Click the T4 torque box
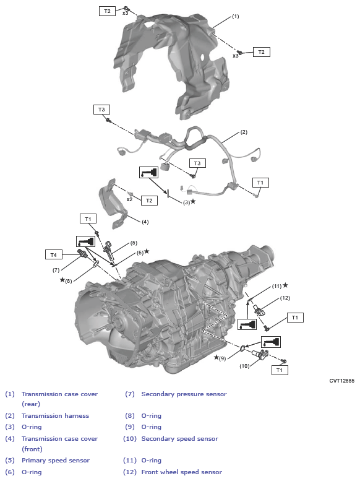(x=54, y=254)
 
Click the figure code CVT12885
(x=341, y=381)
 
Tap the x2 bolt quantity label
(x=130, y=199)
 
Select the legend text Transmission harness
(x=55, y=415)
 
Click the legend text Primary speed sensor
(x=56, y=460)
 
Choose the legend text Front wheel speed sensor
(x=181, y=472)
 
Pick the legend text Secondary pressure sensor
(x=184, y=394)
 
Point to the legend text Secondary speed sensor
(x=180, y=439)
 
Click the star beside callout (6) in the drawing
(x=147, y=251)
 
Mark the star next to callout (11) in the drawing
(x=285, y=285)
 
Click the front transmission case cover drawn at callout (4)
(x=112, y=204)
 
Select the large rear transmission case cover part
(x=172, y=64)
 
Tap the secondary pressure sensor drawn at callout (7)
(x=82, y=253)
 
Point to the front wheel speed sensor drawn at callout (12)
(x=259, y=310)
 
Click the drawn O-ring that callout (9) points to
(x=242, y=348)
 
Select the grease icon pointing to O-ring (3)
(x=148, y=172)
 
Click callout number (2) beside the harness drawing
(x=244, y=132)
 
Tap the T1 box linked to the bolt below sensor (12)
(x=295, y=318)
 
